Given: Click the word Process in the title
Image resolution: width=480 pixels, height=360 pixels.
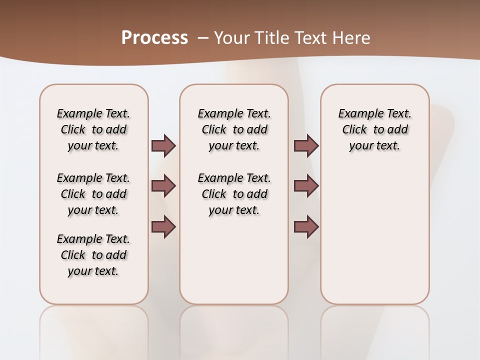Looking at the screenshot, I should (154, 37).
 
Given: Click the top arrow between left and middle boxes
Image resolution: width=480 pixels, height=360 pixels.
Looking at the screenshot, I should (163, 146).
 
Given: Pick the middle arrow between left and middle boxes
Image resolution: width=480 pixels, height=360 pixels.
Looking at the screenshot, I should (163, 186).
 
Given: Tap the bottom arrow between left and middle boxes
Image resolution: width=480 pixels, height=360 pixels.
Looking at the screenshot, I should (163, 227).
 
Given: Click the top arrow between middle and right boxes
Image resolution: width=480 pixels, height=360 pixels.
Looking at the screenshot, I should (306, 146).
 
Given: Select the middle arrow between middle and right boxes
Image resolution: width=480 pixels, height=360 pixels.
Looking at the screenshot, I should (306, 186).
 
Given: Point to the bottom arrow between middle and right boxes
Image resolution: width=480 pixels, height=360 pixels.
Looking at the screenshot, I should (306, 227).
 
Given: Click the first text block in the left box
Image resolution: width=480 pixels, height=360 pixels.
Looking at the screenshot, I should (93, 129).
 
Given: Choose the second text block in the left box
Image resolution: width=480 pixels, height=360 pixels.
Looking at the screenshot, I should (93, 194).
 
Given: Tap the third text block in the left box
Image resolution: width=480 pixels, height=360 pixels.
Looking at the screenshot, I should (93, 255).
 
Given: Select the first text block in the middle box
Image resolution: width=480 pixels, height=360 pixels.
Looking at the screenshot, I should (234, 129).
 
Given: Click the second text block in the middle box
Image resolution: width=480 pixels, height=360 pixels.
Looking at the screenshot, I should (234, 194).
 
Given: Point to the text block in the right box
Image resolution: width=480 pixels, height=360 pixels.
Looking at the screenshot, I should (375, 129).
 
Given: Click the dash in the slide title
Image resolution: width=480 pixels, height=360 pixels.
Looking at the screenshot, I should (203, 38).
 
